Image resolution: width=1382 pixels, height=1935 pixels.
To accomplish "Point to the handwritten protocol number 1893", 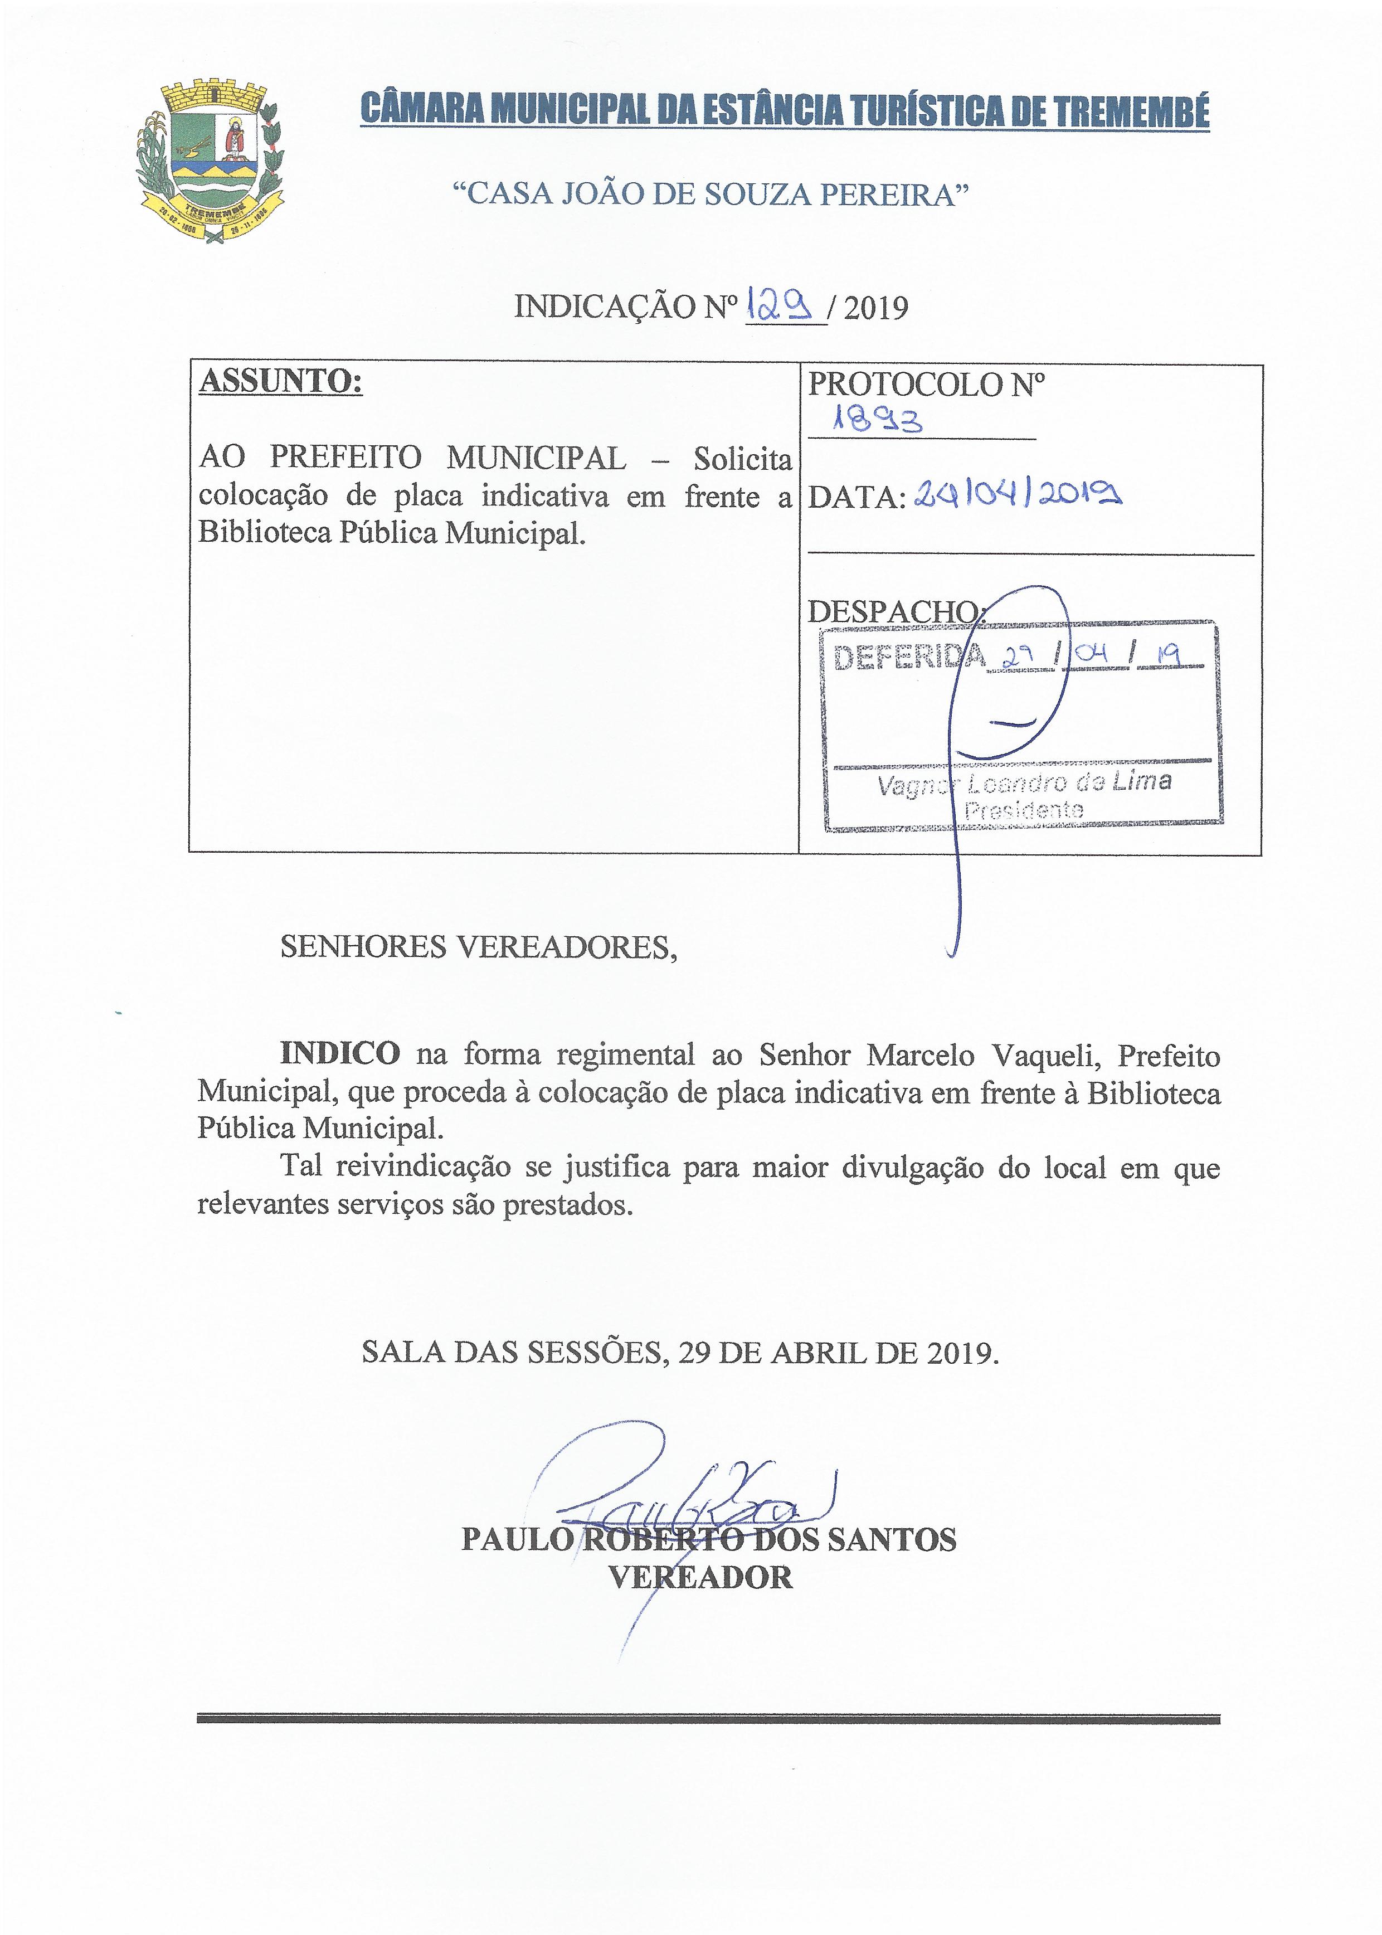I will point(879,420).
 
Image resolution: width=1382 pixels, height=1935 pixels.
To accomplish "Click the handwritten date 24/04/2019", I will point(1017,494).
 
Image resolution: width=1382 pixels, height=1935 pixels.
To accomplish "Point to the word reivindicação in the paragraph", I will point(423,1166).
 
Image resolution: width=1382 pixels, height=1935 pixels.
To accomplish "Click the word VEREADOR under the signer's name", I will point(700,1578).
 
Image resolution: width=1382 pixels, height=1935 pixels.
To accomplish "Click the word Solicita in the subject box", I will point(742,459).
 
